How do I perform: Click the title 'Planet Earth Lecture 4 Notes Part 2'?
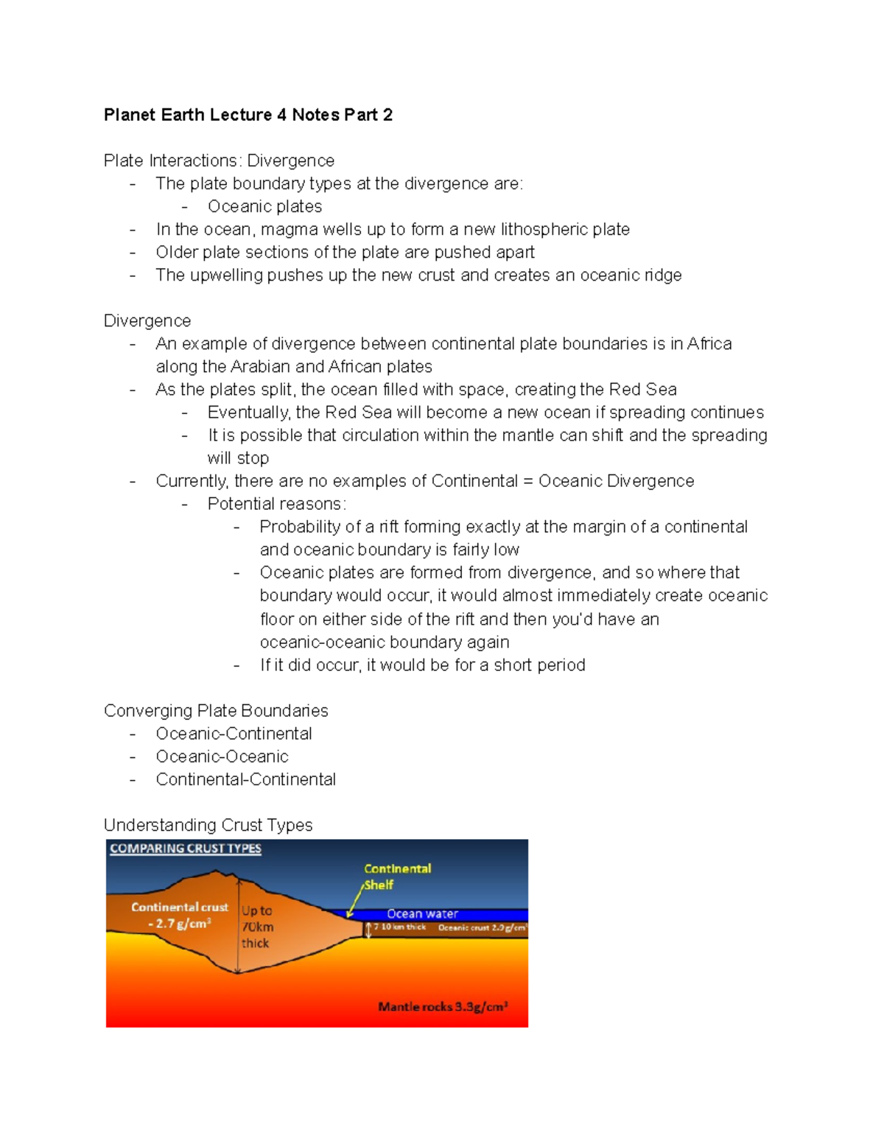coord(248,115)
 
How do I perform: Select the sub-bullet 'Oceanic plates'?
coord(264,206)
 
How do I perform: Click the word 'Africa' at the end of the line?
coord(709,343)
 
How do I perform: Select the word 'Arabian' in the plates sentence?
coord(261,366)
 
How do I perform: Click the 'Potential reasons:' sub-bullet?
coord(276,504)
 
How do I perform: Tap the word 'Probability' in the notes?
coord(300,527)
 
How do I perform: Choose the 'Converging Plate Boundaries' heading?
coord(216,710)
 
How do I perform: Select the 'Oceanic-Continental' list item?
coord(234,734)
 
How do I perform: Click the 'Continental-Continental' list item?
coord(245,779)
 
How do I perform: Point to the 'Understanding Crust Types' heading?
coord(208,825)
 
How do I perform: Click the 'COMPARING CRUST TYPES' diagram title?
coord(186,849)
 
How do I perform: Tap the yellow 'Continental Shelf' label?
coord(397,876)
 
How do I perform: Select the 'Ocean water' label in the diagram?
coord(422,913)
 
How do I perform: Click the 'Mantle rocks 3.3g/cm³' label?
coord(443,1006)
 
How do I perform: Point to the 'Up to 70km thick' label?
coord(257,927)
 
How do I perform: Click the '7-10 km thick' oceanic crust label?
coord(399,927)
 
